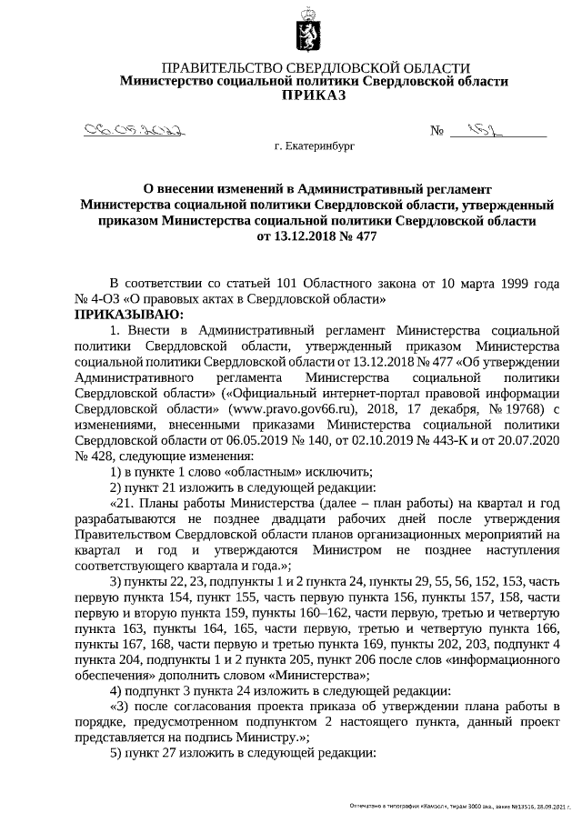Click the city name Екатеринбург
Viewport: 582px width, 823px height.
point(314,146)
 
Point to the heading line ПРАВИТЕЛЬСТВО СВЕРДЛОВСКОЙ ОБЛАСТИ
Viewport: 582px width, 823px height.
point(315,68)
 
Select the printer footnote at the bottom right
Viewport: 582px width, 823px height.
point(464,807)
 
